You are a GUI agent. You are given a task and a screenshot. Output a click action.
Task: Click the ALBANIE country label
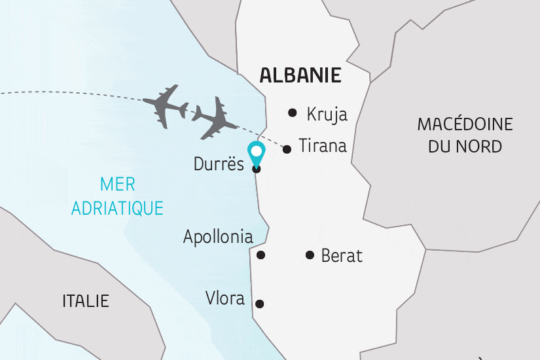coord(300,75)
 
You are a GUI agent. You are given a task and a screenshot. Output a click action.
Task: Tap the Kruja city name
coord(327,115)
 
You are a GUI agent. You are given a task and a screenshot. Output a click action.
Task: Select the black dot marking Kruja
coord(293,113)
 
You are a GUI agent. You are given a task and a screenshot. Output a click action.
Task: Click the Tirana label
coord(322,145)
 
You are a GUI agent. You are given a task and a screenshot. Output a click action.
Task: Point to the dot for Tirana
coord(287,149)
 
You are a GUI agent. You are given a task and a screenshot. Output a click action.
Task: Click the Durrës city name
coord(219,164)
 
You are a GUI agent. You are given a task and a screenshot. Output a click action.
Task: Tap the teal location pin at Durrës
coord(257,154)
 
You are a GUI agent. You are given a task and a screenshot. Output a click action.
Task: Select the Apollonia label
coord(218,236)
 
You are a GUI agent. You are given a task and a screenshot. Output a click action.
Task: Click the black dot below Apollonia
coord(261,255)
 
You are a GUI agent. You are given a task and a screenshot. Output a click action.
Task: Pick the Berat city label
coord(342,255)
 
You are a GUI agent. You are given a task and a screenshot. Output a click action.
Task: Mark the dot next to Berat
coord(310,255)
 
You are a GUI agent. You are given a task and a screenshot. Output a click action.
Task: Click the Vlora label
coord(225,299)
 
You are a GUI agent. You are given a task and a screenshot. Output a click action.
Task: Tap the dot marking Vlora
coord(260,304)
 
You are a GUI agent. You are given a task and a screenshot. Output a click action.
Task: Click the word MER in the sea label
coord(117,185)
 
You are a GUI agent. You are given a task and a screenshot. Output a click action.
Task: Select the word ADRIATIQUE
coord(117,208)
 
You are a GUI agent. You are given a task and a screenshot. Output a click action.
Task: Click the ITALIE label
coord(86,302)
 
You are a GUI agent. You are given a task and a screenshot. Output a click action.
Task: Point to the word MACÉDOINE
coord(465,124)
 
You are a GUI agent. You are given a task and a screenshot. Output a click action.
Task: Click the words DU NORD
coord(465,146)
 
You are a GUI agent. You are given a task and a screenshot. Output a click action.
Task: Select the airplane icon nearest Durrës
coord(214,118)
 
